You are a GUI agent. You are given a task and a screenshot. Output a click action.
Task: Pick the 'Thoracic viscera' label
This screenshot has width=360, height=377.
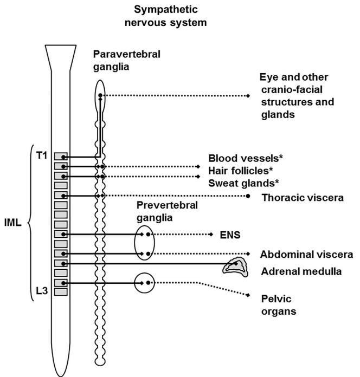click(302, 198)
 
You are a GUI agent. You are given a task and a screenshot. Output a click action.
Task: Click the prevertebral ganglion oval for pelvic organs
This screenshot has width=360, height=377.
click(144, 283)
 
